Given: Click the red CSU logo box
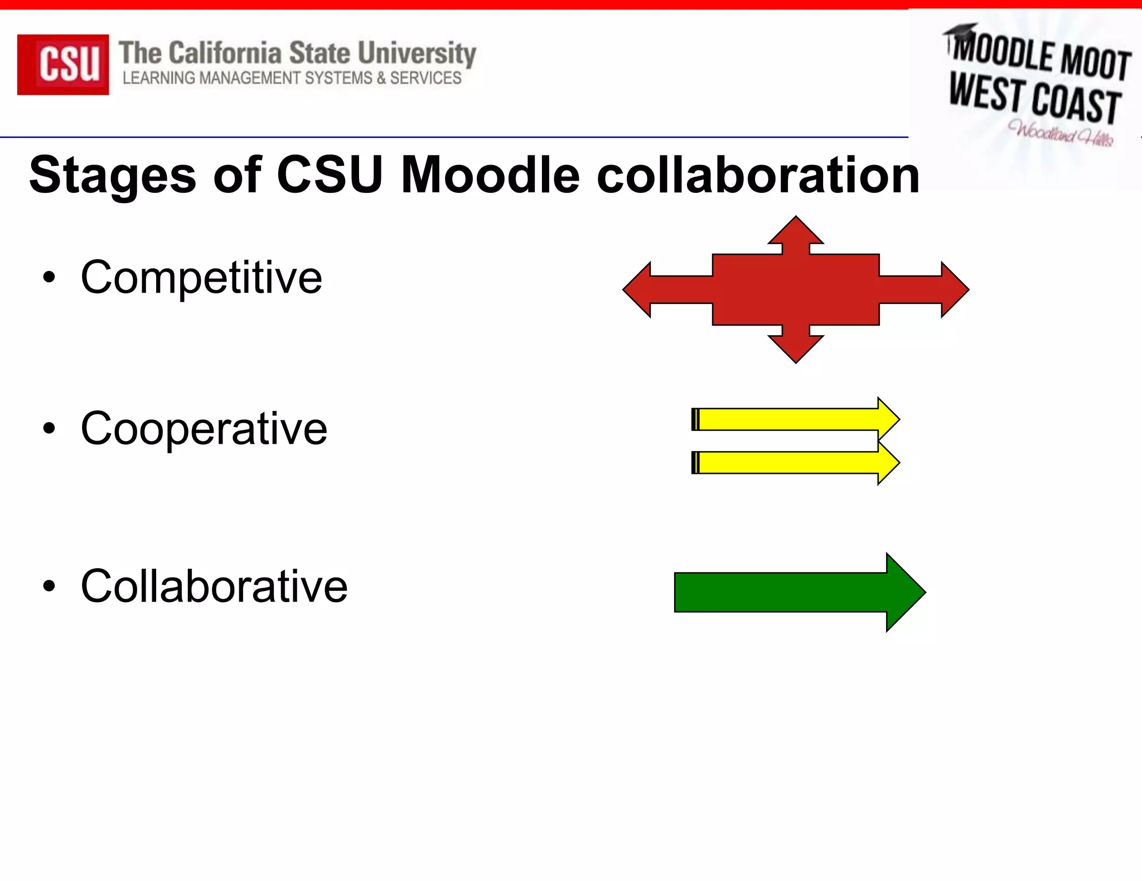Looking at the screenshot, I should click(63, 64).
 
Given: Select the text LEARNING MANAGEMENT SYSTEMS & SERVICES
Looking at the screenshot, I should click(292, 78).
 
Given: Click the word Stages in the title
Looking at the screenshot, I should click(112, 175).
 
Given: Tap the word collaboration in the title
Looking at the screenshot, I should click(757, 175).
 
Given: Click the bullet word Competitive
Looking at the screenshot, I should click(201, 277).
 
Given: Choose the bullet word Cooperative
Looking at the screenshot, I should click(204, 428).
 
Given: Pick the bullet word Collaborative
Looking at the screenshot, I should click(214, 586).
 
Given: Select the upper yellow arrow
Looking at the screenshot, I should click(792, 419).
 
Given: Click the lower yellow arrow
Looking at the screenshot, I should click(792, 463).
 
